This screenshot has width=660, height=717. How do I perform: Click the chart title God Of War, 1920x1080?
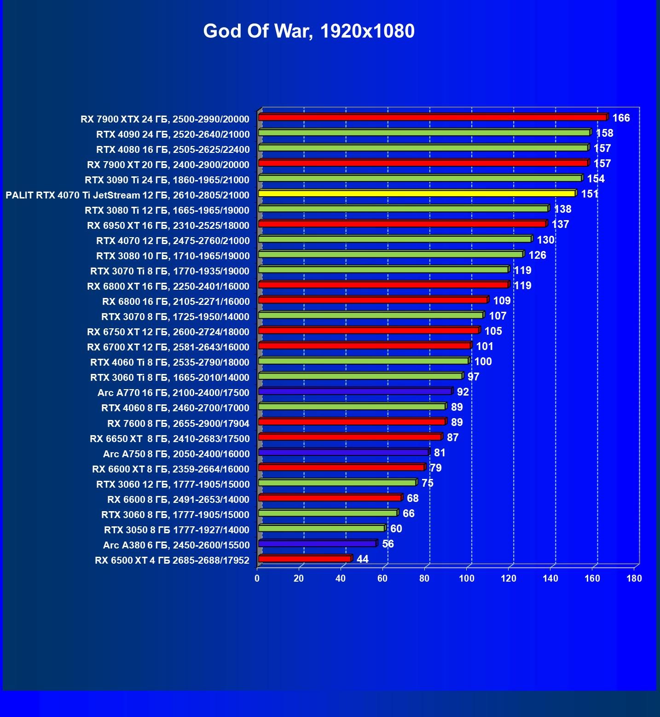(309, 31)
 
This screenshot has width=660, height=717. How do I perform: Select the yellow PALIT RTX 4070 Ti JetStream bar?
(417, 193)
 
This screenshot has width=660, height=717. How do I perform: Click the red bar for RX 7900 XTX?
(433, 117)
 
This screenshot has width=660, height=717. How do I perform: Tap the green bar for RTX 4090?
(424, 133)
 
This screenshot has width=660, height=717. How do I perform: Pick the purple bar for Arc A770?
(355, 391)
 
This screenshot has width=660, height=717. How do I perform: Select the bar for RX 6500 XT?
(305, 559)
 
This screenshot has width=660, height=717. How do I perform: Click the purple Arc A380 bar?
(317, 543)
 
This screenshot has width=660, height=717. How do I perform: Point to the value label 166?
(621, 118)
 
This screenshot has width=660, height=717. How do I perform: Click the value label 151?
(590, 194)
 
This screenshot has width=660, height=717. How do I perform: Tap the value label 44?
(363, 559)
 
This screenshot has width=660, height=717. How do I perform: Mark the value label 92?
(463, 392)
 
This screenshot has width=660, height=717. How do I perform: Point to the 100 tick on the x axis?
(466, 579)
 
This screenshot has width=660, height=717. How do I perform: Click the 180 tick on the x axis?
(634, 579)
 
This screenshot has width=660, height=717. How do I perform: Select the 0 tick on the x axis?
(257, 579)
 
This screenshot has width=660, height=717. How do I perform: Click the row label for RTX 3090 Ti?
(167, 180)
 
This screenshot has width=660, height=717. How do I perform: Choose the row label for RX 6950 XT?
(168, 226)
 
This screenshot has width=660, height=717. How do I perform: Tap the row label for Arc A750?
(176, 454)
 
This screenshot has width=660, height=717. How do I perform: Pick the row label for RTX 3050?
(177, 530)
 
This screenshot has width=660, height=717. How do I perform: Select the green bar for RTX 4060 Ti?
(364, 361)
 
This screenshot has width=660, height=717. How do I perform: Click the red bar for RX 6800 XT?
(383, 285)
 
